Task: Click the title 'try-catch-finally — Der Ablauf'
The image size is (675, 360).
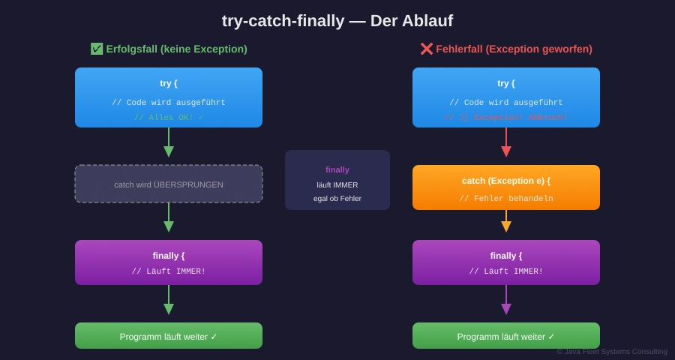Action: point(337,21)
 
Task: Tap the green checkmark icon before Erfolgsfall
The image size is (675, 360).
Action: point(97,49)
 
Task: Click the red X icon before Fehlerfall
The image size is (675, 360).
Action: point(426,49)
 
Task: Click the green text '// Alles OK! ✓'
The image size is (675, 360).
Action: point(169,118)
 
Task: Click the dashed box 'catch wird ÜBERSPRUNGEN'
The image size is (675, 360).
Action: point(169,184)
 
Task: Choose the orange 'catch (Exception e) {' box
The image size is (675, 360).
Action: point(506,181)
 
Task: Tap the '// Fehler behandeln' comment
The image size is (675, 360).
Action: point(506,199)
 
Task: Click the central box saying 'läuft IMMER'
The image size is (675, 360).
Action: point(337,184)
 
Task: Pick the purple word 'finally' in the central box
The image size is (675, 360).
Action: point(337,169)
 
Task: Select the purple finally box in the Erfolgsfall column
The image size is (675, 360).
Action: point(169,262)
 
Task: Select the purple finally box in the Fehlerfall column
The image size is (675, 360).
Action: point(506,262)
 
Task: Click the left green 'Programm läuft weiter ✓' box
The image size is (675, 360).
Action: point(169,336)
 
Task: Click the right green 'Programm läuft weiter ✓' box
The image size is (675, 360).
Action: point(506,336)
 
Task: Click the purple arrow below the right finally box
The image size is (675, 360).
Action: point(506,301)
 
